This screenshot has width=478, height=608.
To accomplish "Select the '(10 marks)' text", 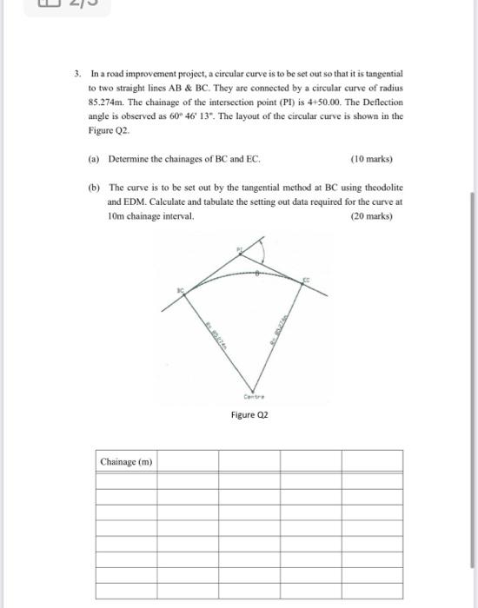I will tap(371, 159).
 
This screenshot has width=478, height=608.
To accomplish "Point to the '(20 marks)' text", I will tap(371, 215).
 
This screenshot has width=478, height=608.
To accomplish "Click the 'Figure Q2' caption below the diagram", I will tap(249, 415).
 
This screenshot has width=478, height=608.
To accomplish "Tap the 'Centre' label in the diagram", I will tap(252, 397).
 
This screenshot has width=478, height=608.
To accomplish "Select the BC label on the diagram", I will tap(181, 287).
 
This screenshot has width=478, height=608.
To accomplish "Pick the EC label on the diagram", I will tap(306, 280).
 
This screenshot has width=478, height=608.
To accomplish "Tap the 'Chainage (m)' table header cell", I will tap(127, 461).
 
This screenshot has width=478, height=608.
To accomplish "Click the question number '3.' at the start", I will tap(77, 76).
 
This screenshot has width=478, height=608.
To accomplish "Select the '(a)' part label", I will tap(94, 159).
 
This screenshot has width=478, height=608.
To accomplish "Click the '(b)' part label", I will tap(94, 187).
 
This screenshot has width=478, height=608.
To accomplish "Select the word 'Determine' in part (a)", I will tap(129, 159).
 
